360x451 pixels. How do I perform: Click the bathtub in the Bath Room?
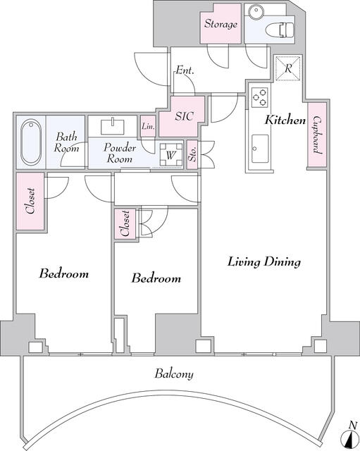click(31, 142)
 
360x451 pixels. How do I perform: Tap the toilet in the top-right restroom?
click(280, 30)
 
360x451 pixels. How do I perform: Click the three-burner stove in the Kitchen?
click(260, 97)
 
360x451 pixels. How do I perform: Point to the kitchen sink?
click(260, 149)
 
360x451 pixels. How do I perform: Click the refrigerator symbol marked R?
click(288, 68)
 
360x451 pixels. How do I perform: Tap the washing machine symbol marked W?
click(171, 155)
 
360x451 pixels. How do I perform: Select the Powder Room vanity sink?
click(113, 127)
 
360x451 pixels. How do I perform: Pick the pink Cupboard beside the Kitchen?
click(317, 135)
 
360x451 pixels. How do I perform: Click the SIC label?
click(185, 116)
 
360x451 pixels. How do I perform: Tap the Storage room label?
click(221, 24)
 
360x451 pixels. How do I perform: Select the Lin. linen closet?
click(149, 126)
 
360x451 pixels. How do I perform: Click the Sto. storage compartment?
click(192, 155)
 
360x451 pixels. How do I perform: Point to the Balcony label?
click(174, 374)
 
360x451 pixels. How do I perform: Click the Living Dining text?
click(264, 262)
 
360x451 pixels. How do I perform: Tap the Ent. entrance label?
click(185, 70)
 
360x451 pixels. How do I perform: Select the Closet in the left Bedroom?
click(30, 201)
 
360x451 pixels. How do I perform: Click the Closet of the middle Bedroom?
click(125, 223)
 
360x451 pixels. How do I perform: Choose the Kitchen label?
click(285, 120)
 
